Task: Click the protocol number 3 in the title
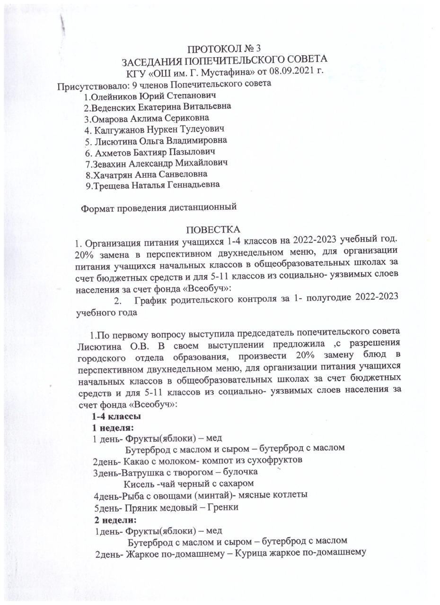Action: [x=258, y=48]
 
